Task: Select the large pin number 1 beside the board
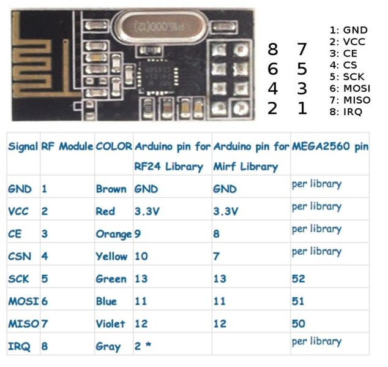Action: pyautogui.click(x=302, y=108)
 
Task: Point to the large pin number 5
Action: pyautogui.click(x=302, y=69)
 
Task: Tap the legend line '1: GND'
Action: pyautogui.click(x=348, y=29)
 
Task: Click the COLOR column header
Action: pyautogui.click(x=113, y=147)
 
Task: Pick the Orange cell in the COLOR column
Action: pyautogui.click(x=113, y=234)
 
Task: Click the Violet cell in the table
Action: pyautogui.click(x=110, y=323)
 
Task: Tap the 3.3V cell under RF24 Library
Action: pyautogui.click(x=147, y=211)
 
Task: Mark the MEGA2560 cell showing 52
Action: pyautogui.click(x=299, y=279)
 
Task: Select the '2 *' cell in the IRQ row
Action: pyautogui.click(x=143, y=346)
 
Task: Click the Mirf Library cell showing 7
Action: pyautogui.click(x=216, y=256)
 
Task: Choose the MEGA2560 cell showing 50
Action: pyautogui.click(x=299, y=323)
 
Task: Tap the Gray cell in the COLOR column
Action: pyautogui.click(x=108, y=346)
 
